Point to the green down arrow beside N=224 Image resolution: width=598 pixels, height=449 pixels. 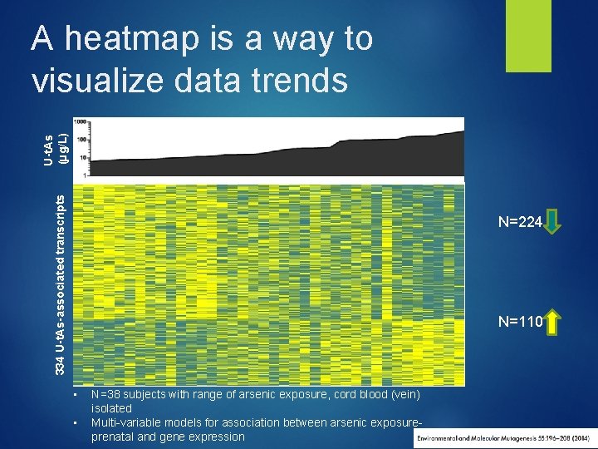pyautogui.click(x=556, y=223)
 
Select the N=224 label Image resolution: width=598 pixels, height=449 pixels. pyautogui.click(x=520, y=223)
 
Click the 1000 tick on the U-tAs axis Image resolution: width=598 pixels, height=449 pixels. pyautogui.click(x=80, y=122)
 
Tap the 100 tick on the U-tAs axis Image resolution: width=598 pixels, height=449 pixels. pyautogui.click(x=81, y=140)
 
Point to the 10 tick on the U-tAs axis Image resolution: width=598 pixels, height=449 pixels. pyautogui.click(x=83, y=157)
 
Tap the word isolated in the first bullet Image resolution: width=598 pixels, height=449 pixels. pyautogui.click(x=111, y=409)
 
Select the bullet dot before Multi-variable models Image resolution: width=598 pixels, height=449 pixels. pyautogui.click(x=76, y=423)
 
